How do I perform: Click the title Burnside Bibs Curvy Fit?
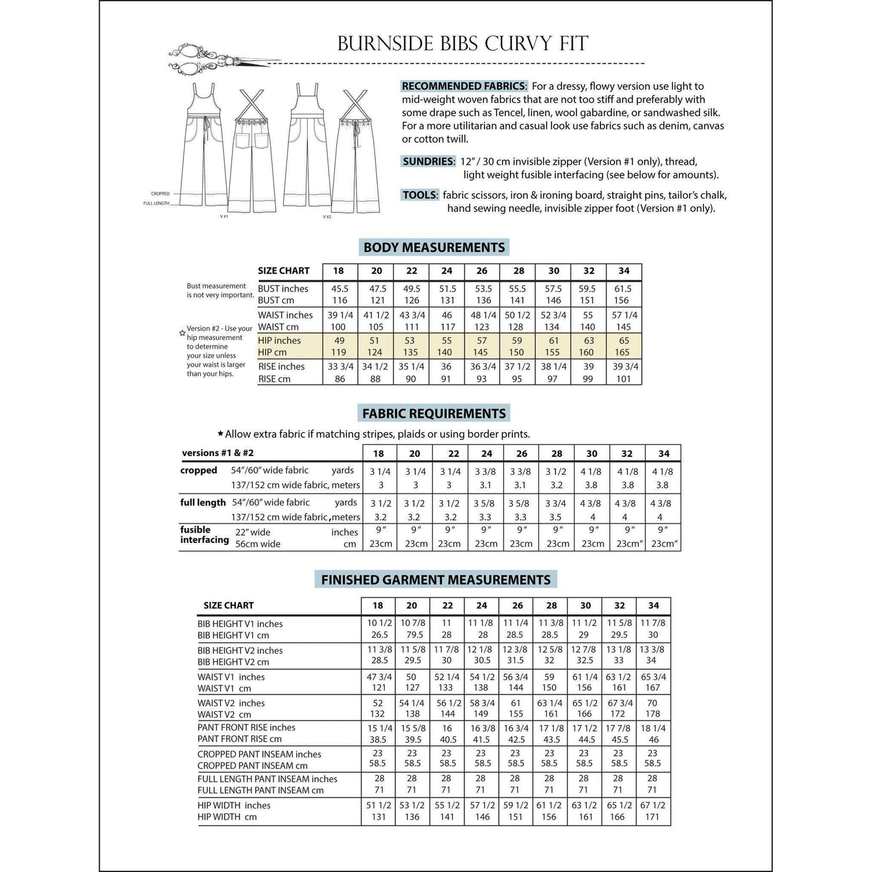463,43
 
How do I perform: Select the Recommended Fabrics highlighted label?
464,86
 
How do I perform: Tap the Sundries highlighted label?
428,161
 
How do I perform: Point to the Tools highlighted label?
420,195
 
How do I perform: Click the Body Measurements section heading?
434,247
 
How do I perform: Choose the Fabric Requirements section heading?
434,413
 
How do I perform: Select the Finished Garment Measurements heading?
436,580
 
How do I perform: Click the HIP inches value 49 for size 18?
339,341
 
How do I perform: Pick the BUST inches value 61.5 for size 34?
623,289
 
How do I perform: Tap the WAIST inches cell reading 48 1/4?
483,316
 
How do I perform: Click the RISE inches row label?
281,367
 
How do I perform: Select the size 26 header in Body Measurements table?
481,271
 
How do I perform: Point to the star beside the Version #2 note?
183,333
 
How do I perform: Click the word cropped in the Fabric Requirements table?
199,470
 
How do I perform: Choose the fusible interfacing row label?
204,534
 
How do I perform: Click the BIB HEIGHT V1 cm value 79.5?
412,635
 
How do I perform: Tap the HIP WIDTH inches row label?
234,805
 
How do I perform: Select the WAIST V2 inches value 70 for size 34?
652,703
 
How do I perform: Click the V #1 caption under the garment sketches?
224,216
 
